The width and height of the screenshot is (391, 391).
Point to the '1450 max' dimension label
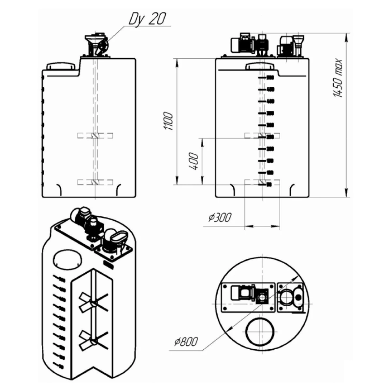click(339, 79)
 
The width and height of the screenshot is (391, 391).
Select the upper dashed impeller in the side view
click(95, 136)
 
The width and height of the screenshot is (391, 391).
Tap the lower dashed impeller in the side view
click(95, 182)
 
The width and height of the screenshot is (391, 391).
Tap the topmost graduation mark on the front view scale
click(263, 78)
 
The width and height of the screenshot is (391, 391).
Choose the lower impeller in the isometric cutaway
click(93, 339)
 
